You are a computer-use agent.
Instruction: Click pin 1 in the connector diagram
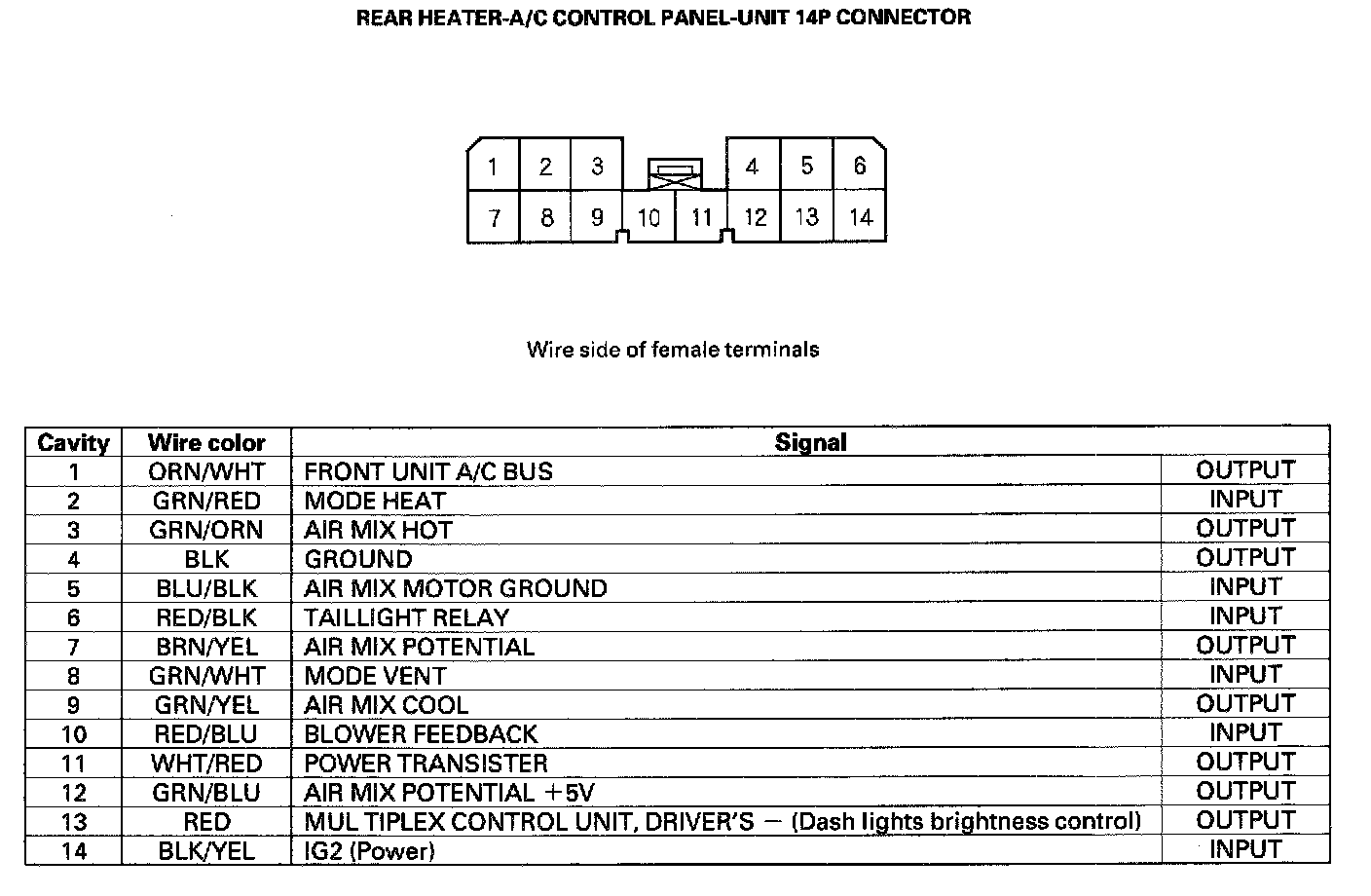click(x=493, y=167)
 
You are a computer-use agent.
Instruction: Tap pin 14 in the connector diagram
click(x=860, y=216)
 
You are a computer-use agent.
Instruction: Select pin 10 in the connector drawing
click(x=648, y=217)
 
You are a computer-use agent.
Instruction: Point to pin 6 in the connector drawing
click(x=859, y=167)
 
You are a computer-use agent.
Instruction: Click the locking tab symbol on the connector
click(x=674, y=173)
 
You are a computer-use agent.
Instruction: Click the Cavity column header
click(x=73, y=443)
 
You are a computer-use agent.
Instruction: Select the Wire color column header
click(x=206, y=443)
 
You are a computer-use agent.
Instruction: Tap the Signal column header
click(x=810, y=442)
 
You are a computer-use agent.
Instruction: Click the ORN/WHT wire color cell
click(x=206, y=471)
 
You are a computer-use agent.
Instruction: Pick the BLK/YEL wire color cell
click(x=206, y=851)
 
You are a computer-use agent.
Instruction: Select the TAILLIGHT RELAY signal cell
click(x=406, y=617)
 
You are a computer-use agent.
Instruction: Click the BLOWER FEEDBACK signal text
click(x=421, y=734)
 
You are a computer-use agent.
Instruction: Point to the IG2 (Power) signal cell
click(x=369, y=851)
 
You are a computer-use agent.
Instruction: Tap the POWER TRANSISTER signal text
click(x=426, y=764)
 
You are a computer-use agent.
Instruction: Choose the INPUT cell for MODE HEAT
click(x=1245, y=500)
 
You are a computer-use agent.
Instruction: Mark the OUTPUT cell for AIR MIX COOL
click(x=1245, y=704)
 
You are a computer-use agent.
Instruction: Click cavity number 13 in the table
click(x=74, y=822)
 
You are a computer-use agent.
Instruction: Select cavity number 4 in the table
click(x=74, y=559)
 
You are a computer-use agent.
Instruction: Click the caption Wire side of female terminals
click(x=673, y=350)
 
